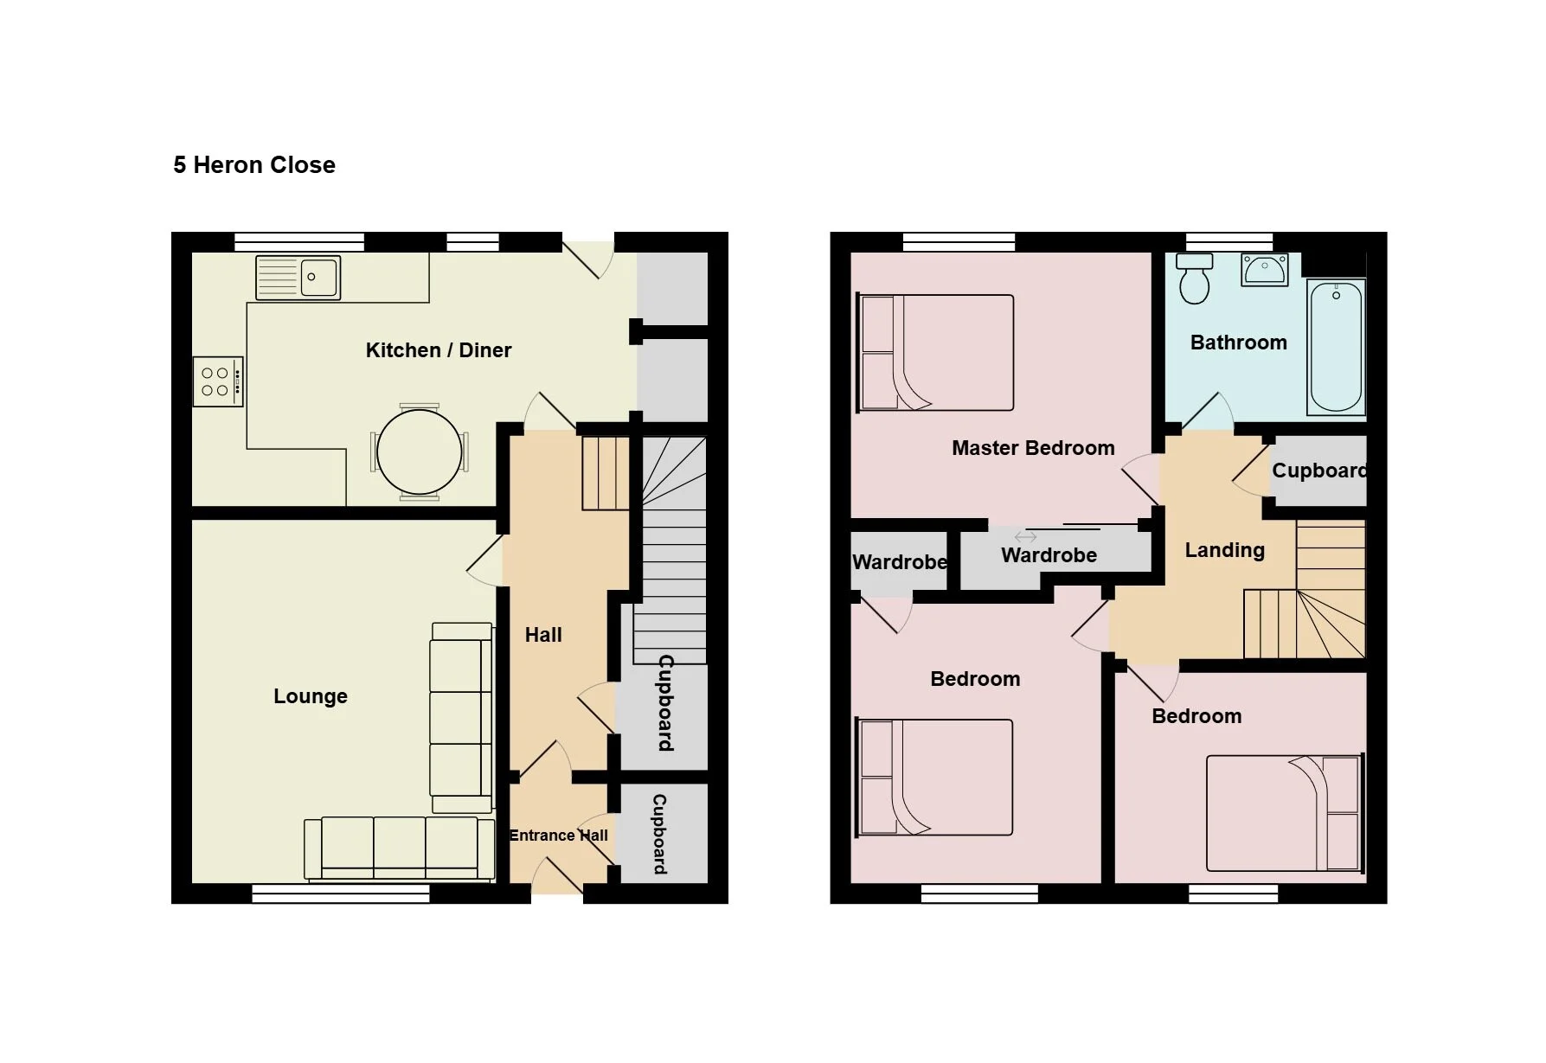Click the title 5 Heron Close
254,165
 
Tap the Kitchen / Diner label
439,350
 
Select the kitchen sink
298,277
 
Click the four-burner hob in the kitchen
217,381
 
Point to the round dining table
420,452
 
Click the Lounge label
311,696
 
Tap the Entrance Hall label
558,836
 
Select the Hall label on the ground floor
543,635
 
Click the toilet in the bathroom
1195,279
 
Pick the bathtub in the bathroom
1337,347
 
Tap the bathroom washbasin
1265,269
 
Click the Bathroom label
1239,343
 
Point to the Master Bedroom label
1033,448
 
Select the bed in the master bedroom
935,352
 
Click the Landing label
1225,550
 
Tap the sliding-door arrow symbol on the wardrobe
1025,537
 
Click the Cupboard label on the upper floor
1319,471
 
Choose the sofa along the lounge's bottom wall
400,848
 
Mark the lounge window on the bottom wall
341,893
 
